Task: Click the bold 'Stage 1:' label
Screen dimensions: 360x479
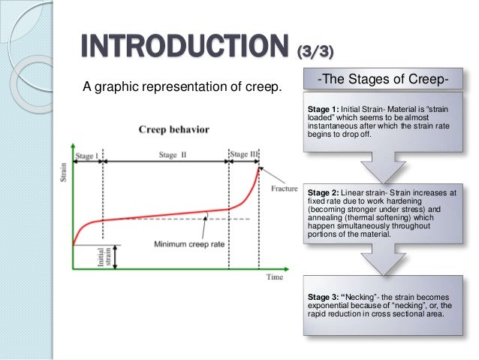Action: click(322, 109)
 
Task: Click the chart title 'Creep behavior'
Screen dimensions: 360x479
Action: click(173, 129)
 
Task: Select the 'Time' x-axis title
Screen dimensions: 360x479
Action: click(274, 277)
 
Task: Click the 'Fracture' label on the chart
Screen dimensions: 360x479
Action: click(284, 188)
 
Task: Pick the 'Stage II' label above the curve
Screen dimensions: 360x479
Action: click(167, 155)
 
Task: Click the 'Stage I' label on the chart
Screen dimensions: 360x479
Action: click(86, 155)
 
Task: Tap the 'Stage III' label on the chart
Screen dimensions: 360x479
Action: click(243, 155)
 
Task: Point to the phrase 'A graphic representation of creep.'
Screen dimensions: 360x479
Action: click(182, 88)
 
